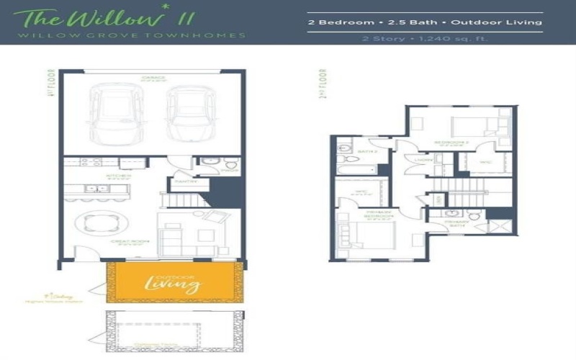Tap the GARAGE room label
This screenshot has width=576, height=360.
(153, 78)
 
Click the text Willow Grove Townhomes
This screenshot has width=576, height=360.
(131, 35)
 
